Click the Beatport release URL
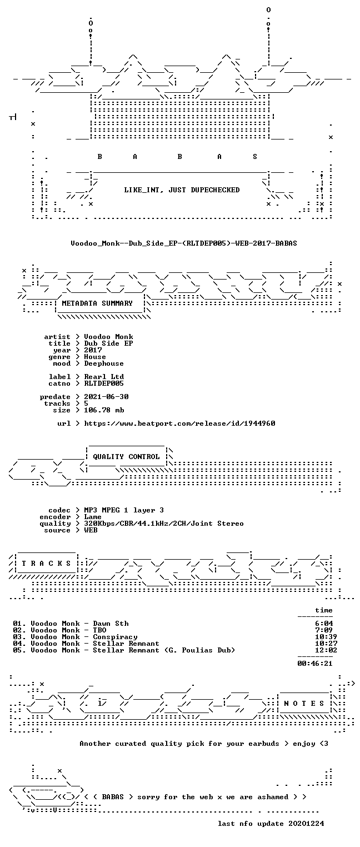pos(179,423)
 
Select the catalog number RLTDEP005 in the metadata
pos(104,383)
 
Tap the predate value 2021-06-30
pos(106,397)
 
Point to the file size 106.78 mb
pos(104,410)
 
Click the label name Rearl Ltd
pos(104,377)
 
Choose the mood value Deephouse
pos(104,363)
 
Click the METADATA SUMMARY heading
pos(97,303)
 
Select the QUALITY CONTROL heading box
pos(126,456)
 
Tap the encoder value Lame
pos(93,517)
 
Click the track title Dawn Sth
pos(111,624)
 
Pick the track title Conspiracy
pos(116,637)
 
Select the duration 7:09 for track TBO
pos(324,630)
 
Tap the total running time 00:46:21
pos(315,664)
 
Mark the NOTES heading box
pos(304,703)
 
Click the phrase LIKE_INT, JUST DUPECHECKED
pos(182,190)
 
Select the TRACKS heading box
pos(47,564)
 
